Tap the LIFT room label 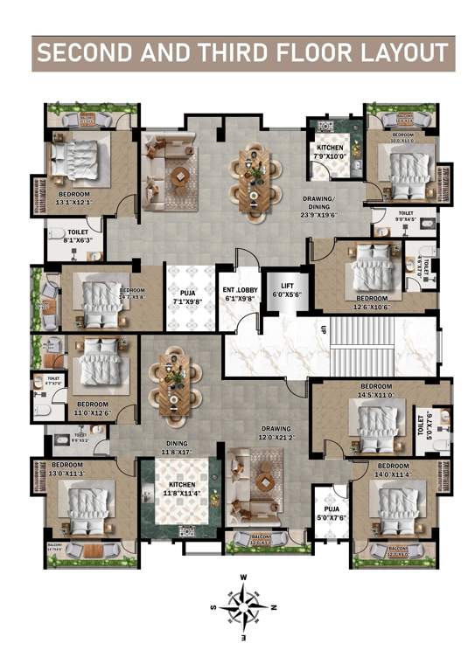click(288, 290)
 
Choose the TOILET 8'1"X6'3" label click(77, 237)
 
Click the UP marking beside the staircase click(323, 330)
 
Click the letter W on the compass click(244, 578)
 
